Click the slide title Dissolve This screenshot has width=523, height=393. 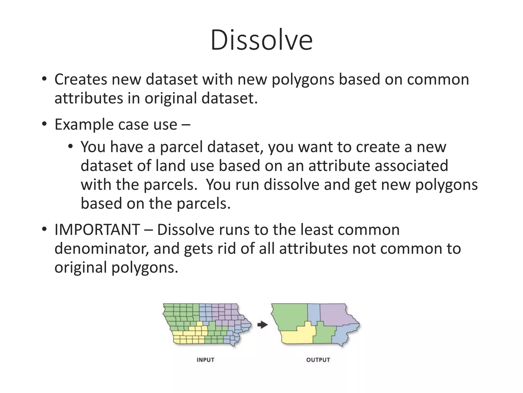(x=261, y=40)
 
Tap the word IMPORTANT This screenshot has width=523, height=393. (x=97, y=230)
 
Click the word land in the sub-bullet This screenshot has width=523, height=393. (x=171, y=166)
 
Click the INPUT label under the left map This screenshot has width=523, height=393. (x=205, y=360)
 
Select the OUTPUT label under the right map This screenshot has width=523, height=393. (x=318, y=360)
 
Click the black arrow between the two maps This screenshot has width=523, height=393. (x=262, y=325)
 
